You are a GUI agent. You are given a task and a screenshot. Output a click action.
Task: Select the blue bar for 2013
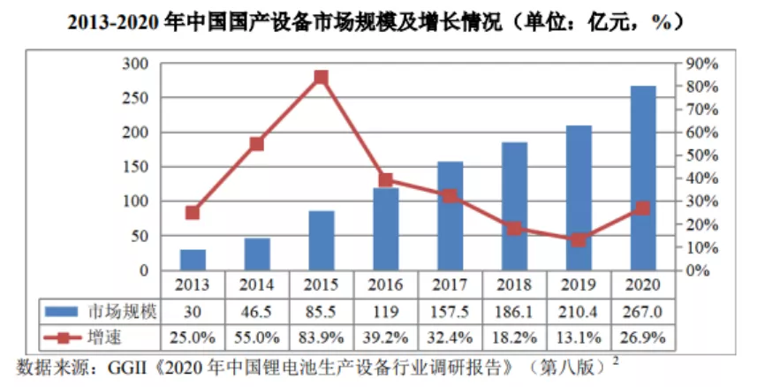[x=193, y=260]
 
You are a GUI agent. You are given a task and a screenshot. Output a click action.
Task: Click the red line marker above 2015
[x=322, y=78]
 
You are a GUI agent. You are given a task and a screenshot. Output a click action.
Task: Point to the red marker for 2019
[x=579, y=239]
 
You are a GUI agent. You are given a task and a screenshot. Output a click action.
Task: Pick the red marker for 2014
[x=257, y=144]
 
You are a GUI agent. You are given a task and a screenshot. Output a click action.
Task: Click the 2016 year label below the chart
[x=386, y=285]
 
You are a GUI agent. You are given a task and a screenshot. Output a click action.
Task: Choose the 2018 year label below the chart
[x=515, y=285]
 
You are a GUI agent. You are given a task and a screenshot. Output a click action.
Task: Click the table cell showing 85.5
[x=322, y=312]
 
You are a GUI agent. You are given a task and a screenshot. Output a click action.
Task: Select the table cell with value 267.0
[x=643, y=312]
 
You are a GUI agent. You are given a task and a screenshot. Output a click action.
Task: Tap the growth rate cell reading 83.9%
[x=322, y=338]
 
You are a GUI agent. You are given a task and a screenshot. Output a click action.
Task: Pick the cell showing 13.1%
[x=579, y=338]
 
